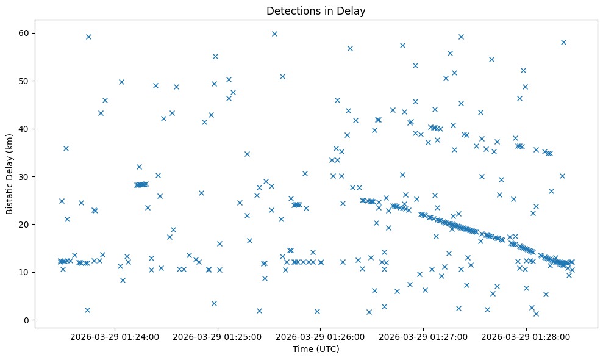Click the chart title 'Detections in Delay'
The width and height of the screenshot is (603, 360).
(x=316, y=10)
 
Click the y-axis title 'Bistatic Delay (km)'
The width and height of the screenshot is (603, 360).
(x=10, y=174)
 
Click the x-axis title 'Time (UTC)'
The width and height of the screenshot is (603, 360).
(x=316, y=350)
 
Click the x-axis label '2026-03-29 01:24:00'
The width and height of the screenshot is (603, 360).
(x=115, y=336)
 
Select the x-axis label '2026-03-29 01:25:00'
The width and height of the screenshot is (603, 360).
(x=218, y=336)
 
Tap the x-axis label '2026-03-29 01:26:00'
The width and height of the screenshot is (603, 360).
(x=321, y=336)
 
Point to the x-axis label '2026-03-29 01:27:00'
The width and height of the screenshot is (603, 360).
(x=424, y=336)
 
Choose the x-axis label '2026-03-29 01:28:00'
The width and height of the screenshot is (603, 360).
(x=527, y=336)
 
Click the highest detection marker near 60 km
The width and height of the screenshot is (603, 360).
(x=274, y=34)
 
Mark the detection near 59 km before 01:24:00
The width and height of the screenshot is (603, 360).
(x=88, y=37)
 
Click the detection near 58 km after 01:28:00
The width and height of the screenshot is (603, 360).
(x=563, y=42)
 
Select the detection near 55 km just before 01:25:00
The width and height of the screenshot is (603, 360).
(x=215, y=56)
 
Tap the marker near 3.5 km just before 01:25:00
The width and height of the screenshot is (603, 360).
(x=214, y=303)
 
